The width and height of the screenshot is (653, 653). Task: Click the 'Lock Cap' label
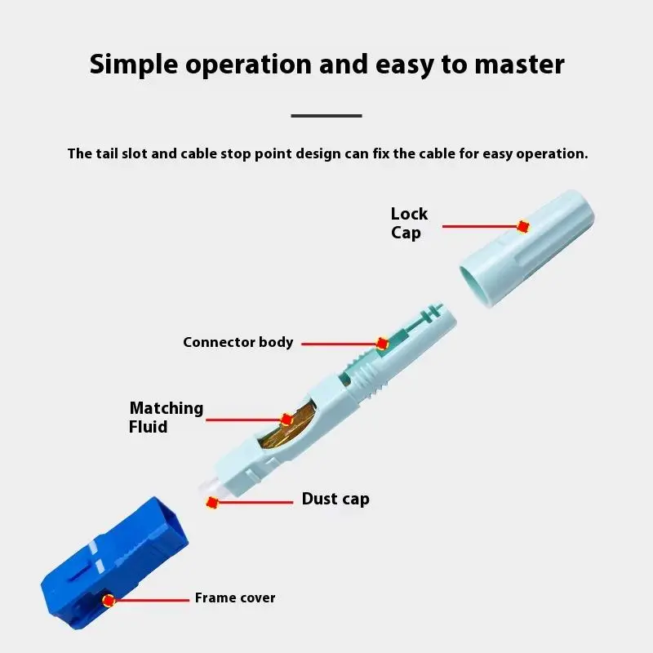click(x=408, y=223)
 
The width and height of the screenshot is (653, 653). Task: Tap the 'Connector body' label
click(x=238, y=342)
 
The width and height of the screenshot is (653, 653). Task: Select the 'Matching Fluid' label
click(x=167, y=417)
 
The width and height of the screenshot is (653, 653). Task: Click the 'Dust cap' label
click(x=335, y=499)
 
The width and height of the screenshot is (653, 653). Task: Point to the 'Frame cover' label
click(x=235, y=598)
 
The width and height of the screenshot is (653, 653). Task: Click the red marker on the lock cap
click(x=523, y=226)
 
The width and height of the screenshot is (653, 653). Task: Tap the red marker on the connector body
click(x=381, y=344)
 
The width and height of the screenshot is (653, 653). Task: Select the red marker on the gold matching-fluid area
click(x=287, y=420)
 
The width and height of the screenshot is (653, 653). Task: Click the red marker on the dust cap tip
click(x=212, y=503)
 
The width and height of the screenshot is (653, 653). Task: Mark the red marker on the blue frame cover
click(x=108, y=601)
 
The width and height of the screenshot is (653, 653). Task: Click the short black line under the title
click(x=326, y=116)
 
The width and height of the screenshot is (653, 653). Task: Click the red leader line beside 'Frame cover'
click(x=151, y=601)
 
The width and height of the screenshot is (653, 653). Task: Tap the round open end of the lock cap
click(x=477, y=282)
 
